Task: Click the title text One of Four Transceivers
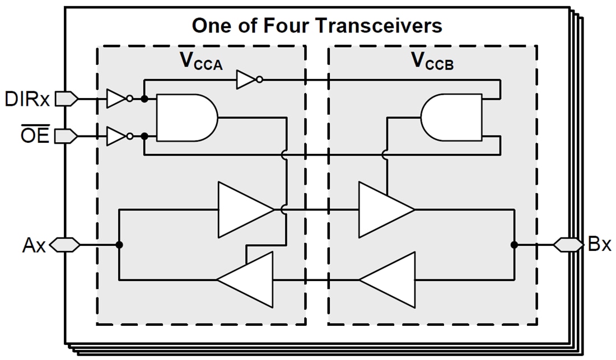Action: click(316, 25)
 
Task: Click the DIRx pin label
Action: click(27, 99)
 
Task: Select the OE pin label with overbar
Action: click(35, 136)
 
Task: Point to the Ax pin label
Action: click(34, 245)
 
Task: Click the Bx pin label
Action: click(600, 245)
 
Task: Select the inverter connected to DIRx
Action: click(118, 99)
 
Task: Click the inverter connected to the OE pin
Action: click(118, 136)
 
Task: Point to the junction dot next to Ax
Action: click(119, 245)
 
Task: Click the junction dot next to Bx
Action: click(514, 245)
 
